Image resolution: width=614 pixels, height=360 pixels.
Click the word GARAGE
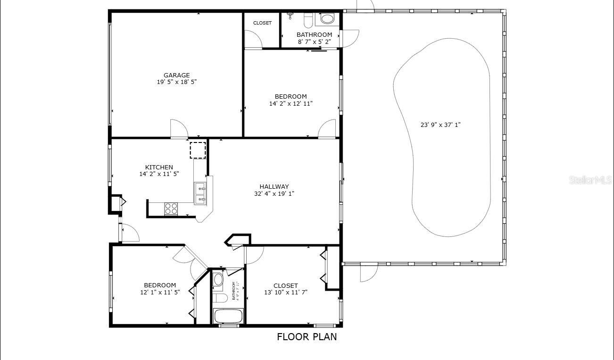(177, 75)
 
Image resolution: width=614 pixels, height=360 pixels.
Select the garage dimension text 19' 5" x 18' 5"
(177, 82)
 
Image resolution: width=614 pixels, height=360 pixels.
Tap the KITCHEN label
(159, 167)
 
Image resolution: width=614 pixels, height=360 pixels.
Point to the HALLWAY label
(274, 186)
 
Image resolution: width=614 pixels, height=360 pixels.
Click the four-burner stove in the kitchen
(171, 209)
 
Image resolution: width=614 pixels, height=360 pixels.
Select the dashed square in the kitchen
(198, 150)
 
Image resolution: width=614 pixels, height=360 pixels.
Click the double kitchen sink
(200, 194)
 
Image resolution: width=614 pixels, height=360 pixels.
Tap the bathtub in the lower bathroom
(228, 316)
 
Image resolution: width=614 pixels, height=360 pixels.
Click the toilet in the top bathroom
(308, 20)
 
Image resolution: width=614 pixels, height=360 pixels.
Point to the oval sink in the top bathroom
(327, 19)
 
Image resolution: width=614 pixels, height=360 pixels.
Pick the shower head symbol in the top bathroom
(290, 16)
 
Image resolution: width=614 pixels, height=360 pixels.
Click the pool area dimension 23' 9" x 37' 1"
(440, 125)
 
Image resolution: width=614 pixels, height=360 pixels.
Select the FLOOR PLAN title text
(307, 337)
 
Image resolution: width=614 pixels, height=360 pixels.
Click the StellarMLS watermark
(590, 180)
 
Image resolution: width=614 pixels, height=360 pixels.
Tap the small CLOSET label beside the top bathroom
(262, 23)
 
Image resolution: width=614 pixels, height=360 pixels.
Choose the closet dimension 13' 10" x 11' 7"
(286, 293)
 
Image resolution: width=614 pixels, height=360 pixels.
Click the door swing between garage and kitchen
(179, 129)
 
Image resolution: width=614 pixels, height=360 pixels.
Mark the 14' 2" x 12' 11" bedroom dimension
(291, 104)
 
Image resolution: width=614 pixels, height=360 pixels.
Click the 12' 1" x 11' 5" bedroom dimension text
(160, 293)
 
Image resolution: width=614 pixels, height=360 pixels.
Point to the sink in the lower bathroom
(218, 280)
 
